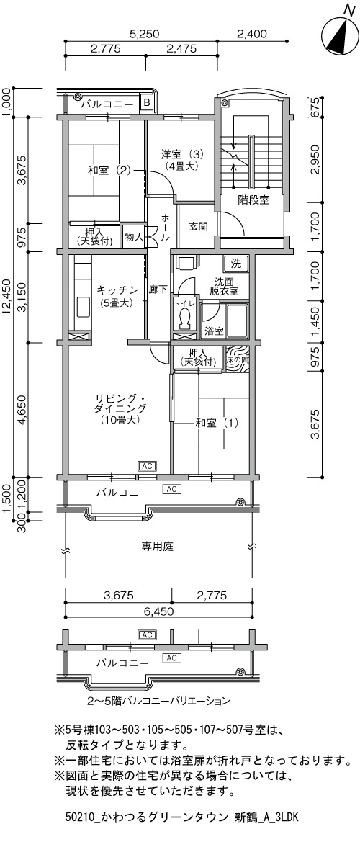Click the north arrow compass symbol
341,36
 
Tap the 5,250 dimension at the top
144,34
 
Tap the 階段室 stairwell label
254,200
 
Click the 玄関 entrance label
198,226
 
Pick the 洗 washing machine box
236,264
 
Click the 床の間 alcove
238,359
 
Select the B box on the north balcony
146,102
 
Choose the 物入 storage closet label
133,236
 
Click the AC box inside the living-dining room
148,466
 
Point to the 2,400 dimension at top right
251,34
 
